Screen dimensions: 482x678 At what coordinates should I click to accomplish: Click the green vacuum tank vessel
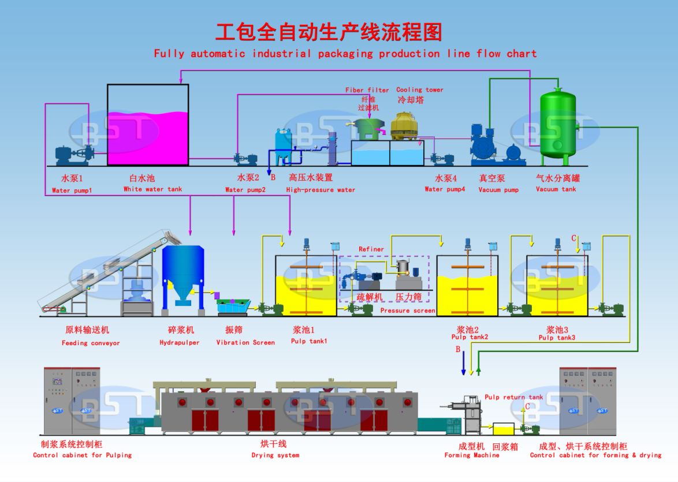(557, 124)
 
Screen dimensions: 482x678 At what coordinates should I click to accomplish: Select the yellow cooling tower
(404, 126)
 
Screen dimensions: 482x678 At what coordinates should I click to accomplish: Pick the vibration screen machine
(233, 306)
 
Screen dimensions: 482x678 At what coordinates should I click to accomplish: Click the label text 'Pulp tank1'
(309, 341)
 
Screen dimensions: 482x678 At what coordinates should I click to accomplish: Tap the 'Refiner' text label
(371, 249)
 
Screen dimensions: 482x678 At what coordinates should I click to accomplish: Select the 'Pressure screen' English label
(407, 311)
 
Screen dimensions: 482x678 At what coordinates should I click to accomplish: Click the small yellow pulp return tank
(503, 429)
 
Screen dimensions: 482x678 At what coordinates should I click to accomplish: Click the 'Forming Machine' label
(472, 455)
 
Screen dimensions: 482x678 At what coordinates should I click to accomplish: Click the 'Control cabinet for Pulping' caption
(82, 455)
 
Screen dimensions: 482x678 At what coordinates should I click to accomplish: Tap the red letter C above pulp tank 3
(573, 238)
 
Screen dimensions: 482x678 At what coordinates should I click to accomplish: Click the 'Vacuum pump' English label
(498, 189)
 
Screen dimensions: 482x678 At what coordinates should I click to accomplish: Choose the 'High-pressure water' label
(321, 189)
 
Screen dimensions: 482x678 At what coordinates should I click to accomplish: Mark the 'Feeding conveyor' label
(91, 343)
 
